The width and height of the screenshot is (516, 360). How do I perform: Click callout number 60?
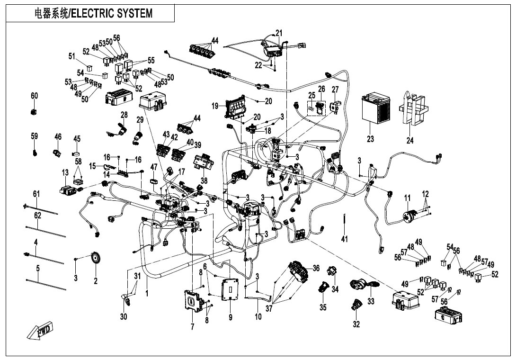point(35,96)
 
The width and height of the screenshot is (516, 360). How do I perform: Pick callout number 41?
point(344,239)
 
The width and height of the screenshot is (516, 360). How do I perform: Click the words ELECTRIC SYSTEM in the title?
point(112,13)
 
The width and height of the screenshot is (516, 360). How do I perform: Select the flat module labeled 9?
point(230,289)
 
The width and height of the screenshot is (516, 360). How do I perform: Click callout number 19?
point(215,106)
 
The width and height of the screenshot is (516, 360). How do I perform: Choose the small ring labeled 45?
point(77,153)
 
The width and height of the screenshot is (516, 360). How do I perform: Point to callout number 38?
point(204,180)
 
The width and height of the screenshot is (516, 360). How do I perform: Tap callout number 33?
point(371,301)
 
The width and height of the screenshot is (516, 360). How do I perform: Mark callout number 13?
point(65,172)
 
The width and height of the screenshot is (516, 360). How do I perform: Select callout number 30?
point(124,316)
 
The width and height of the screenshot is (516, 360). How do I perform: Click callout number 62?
point(38,216)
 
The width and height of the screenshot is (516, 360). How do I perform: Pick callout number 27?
point(335,90)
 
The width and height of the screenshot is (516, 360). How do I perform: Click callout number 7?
point(193,327)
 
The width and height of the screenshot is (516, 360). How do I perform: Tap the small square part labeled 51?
point(89,68)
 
